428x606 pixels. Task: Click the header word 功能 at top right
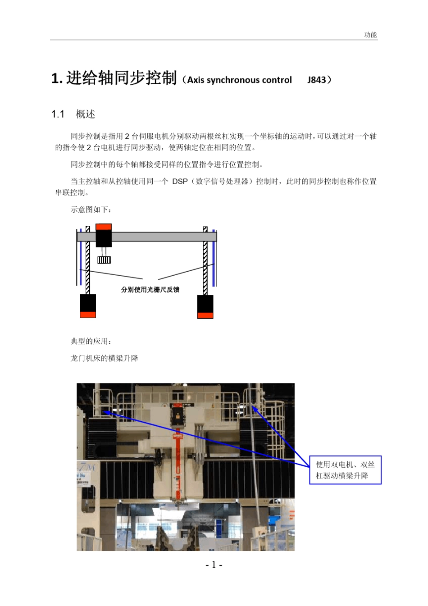coord(370,35)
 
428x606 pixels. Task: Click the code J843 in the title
coord(317,80)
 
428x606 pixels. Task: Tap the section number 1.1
coord(58,114)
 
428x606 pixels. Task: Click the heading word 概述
coord(85,114)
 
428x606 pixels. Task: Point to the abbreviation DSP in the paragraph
coord(180,181)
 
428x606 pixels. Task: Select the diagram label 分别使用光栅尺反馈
coord(150,289)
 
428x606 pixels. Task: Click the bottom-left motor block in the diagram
coord(88,306)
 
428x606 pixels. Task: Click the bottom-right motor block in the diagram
coord(205,306)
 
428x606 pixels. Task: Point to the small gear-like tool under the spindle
coord(104,260)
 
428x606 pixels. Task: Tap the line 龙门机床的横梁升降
coord(105,358)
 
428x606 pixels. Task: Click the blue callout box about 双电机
coord(345,470)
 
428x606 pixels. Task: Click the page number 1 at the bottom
coord(214,565)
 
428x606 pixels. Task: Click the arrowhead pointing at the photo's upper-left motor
coord(107,412)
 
